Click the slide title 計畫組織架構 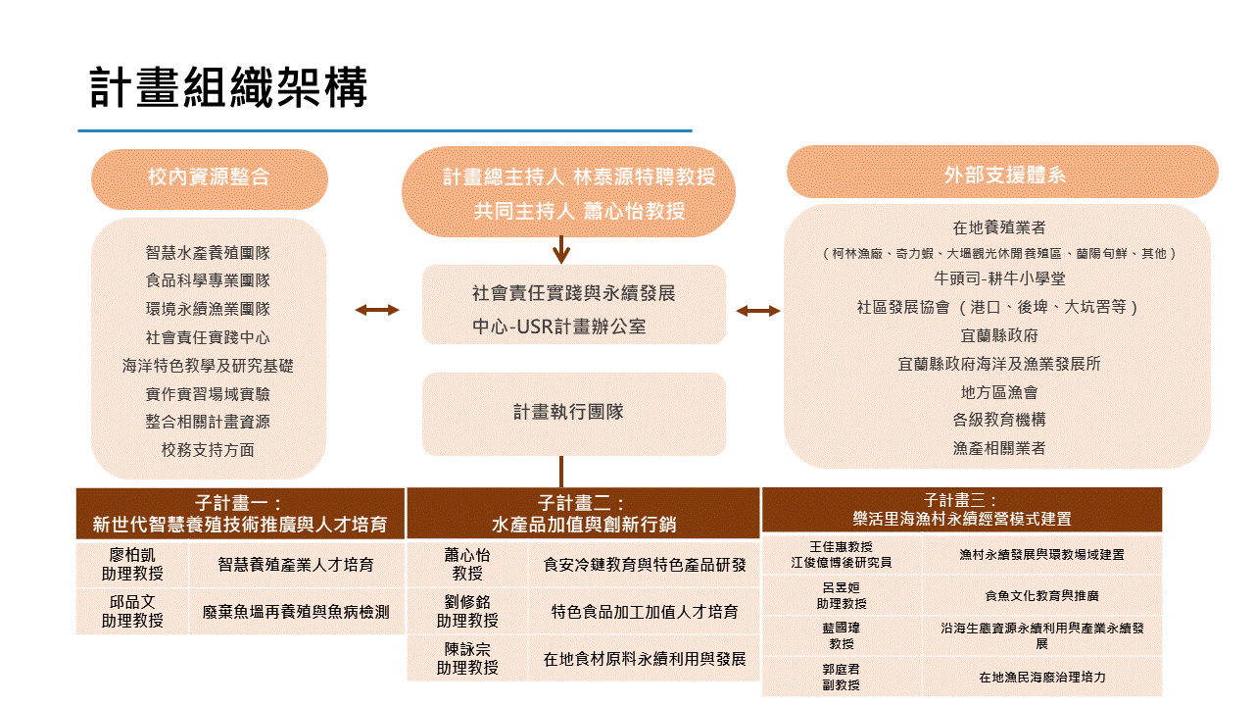coord(228,88)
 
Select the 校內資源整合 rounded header coord(209,177)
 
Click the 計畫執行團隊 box coord(573,413)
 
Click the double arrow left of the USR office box coord(377,310)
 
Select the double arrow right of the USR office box coord(758,311)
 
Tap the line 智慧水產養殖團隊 coord(208,252)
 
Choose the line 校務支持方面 coord(208,450)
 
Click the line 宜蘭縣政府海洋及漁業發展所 coord(999,364)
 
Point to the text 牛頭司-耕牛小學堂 coord(999,279)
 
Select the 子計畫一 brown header coord(240,514)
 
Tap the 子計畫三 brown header coord(961,510)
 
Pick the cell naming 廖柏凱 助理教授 coord(132,565)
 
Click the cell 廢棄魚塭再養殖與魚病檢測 coord(296,612)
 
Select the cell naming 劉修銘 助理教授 coord(467,612)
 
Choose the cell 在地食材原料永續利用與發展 coord(645,659)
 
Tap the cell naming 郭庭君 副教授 coord(841,678)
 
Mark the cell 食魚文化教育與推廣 coord(1041,595)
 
